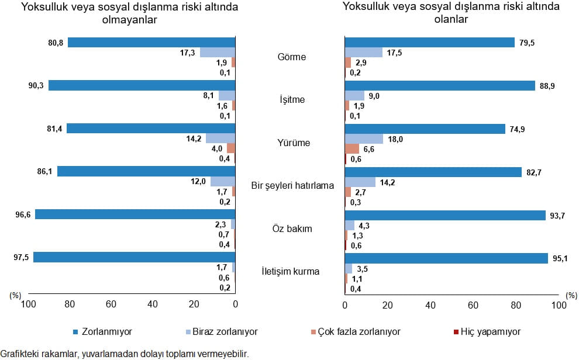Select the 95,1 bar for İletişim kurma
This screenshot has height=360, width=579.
tap(446, 258)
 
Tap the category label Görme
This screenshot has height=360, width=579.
tap(292, 57)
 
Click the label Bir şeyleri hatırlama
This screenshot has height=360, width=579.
tap(292, 186)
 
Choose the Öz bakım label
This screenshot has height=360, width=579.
tap(292, 229)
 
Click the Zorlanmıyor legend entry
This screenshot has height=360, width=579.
tap(107, 331)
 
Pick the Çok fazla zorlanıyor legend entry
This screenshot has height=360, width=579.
tap(359, 331)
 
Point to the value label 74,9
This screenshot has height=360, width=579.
tap(516, 129)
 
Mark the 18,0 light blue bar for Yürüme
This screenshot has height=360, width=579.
tap(364, 139)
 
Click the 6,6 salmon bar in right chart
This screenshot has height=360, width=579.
tap(352, 149)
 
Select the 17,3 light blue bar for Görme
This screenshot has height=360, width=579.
tap(218, 53)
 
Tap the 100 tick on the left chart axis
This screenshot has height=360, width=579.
tap(27, 304)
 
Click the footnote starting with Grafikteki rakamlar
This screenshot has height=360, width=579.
tap(125, 354)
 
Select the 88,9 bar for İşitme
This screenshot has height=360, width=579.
tap(440, 86)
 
